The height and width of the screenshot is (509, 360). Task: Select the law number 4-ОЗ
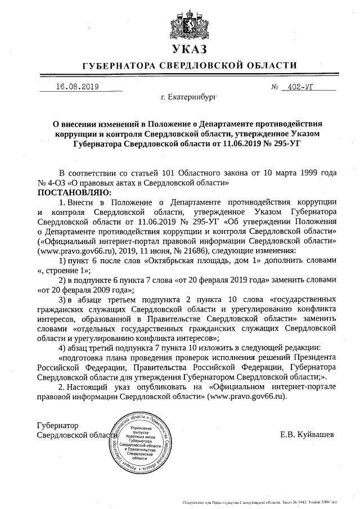click(x=54, y=183)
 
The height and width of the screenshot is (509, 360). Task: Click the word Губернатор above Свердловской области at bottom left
click(x=57, y=425)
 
